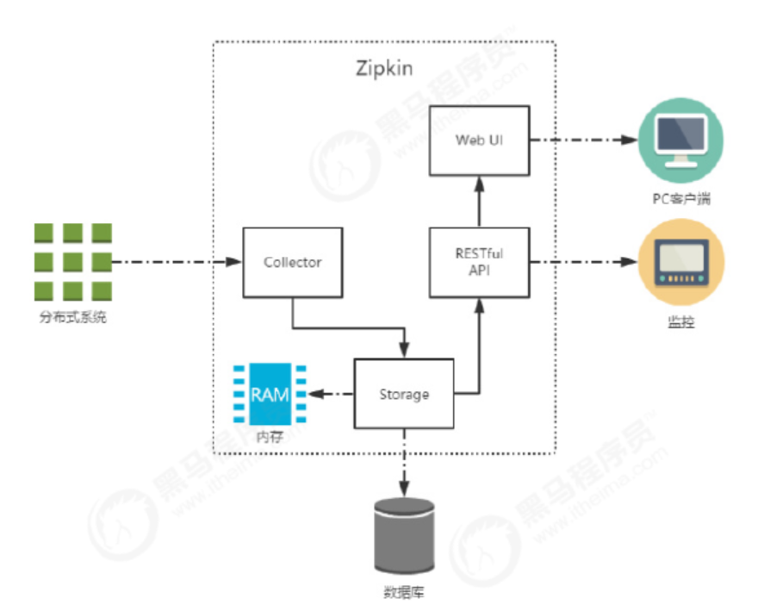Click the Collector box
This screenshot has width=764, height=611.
[292, 263]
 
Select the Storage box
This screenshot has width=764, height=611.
[404, 395]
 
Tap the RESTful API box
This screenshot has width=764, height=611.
[479, 261]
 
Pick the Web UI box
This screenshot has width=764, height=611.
[479, 139]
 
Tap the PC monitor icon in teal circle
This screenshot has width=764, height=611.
[680, 140]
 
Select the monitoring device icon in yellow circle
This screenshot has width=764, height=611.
[680, 261]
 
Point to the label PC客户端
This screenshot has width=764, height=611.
[680, 200]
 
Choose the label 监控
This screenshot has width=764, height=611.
[680, 323]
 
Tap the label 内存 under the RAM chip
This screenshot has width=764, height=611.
[269, 436]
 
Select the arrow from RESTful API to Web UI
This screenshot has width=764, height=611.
[479, 200]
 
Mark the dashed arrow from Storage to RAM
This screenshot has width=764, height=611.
[331, 395]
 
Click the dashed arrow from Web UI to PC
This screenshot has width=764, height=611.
[582, 139]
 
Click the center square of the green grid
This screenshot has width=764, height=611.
[73, 261]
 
